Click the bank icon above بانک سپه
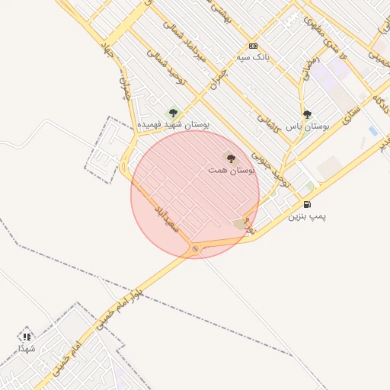point(253,46)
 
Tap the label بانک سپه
point(253,57)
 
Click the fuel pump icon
point(307,204)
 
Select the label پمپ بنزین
point(307,216)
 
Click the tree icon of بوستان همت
point(231,158)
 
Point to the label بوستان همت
point(231,171)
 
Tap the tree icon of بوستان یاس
point(307,114)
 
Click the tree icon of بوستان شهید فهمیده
point(173,113)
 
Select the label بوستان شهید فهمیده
point(173,124)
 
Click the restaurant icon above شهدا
point(27,336)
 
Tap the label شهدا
point(27,348)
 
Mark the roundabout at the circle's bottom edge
point(196,248)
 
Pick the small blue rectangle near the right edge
point(372,131)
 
